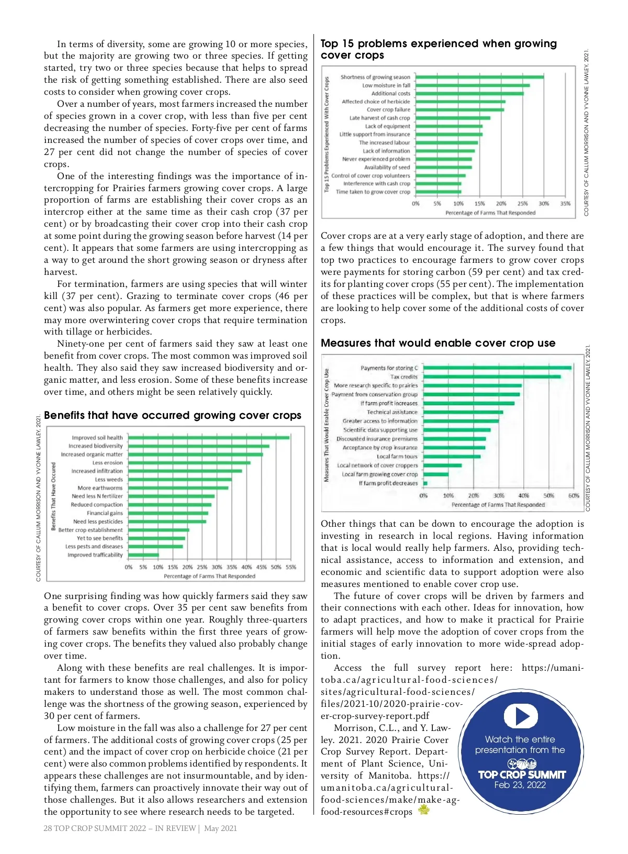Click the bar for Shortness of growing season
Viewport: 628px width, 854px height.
click(x=479, y=77)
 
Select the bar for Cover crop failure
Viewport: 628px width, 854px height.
click(x=459, y=110)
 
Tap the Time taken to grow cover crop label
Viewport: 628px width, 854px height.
click(x=373, y=192)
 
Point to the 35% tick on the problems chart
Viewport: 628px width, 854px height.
click(x=565, y=204)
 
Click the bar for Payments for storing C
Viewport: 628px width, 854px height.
click(x=497, y=368)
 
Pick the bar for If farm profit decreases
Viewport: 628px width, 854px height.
click(x=425, y=483)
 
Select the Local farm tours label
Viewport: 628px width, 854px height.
click(x=397, y=457)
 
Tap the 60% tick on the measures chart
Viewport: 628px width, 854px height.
click(x=574, y=495)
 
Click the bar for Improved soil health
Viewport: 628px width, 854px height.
click(x=208, y=437)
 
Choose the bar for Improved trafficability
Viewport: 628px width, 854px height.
click(x=143, y=555)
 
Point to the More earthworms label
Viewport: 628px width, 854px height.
click(x=100, y=488)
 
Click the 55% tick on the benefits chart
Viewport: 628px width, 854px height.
click(x=291, y=567)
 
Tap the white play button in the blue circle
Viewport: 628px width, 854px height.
click(x=520, y=716)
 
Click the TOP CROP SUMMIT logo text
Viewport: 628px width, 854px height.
click(x=522, y=774)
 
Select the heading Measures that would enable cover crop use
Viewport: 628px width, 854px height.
click(x=438, y=343)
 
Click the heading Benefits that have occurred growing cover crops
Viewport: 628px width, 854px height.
click(x=173, y=416)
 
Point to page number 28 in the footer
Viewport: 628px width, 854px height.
click(x=48, y=828)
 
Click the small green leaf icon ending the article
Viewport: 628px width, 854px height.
click(x=423, y=811)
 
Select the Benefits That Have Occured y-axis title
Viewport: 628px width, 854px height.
click(x=53, y=496)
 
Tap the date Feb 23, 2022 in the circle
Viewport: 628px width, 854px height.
click(x=520, y=785)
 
